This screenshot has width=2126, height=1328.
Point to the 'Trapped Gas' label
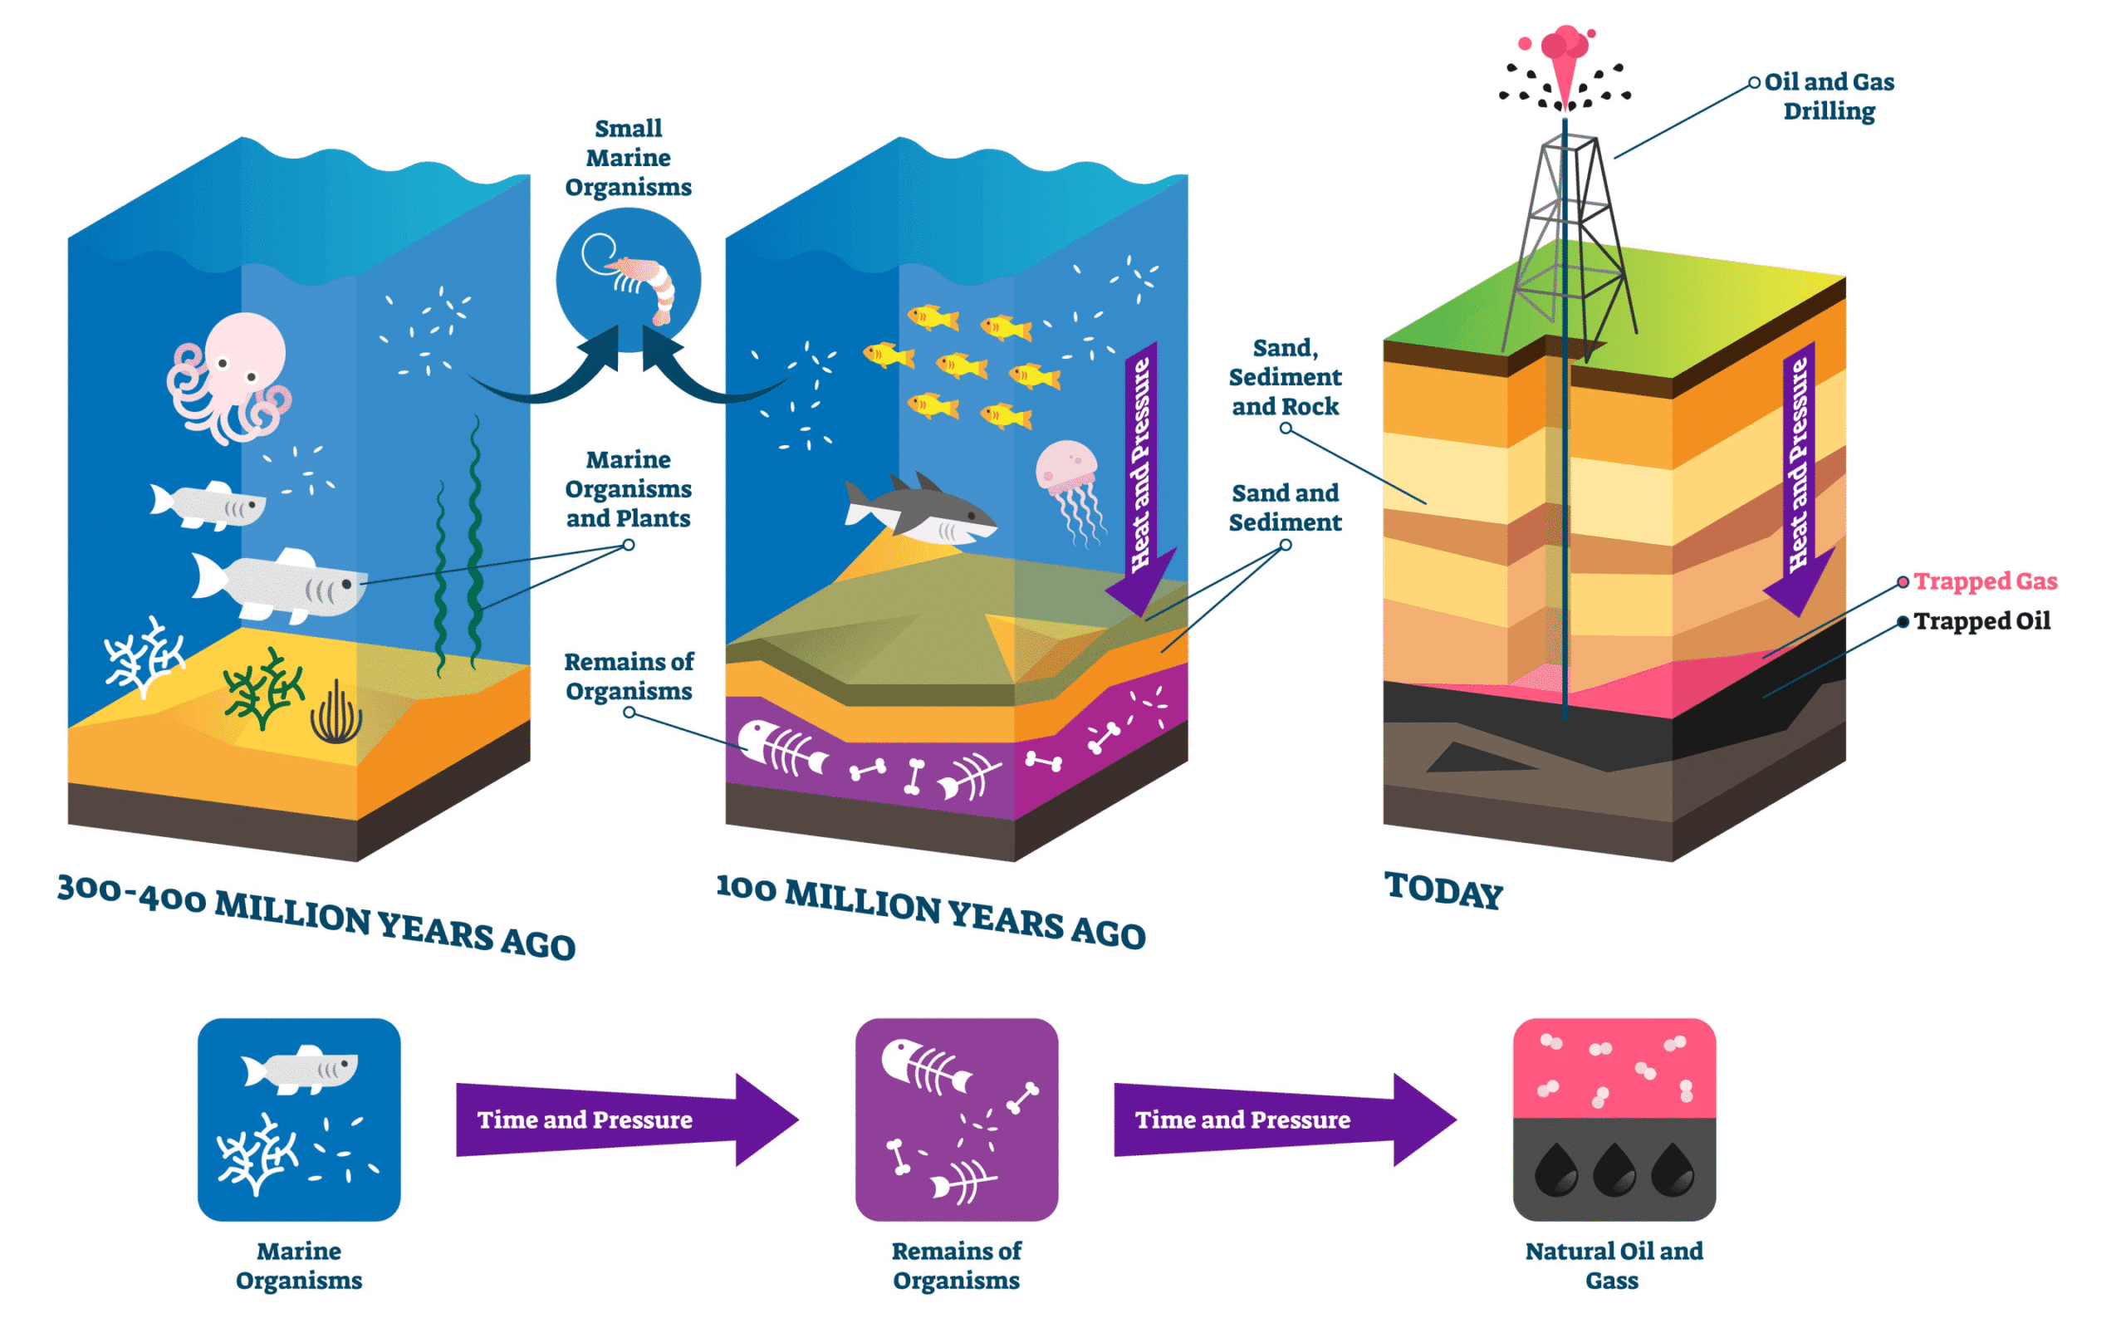(1985, 581)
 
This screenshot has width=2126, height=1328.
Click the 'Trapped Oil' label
(1981, 621)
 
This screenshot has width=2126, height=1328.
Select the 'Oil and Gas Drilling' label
(1829, 96)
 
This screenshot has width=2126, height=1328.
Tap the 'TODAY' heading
(1443, 890)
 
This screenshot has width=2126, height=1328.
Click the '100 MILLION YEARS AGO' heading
(931, 912)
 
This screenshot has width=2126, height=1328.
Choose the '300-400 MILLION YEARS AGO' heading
(316, 916)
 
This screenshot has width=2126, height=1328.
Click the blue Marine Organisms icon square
(299, 1119)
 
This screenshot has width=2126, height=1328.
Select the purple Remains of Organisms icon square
(957, 1119)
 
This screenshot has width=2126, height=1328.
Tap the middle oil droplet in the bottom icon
(1614, 1170)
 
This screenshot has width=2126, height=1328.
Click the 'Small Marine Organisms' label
(628, 158)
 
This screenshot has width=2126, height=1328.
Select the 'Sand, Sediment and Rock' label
(1285, 377)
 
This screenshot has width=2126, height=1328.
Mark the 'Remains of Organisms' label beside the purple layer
(629, 676)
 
